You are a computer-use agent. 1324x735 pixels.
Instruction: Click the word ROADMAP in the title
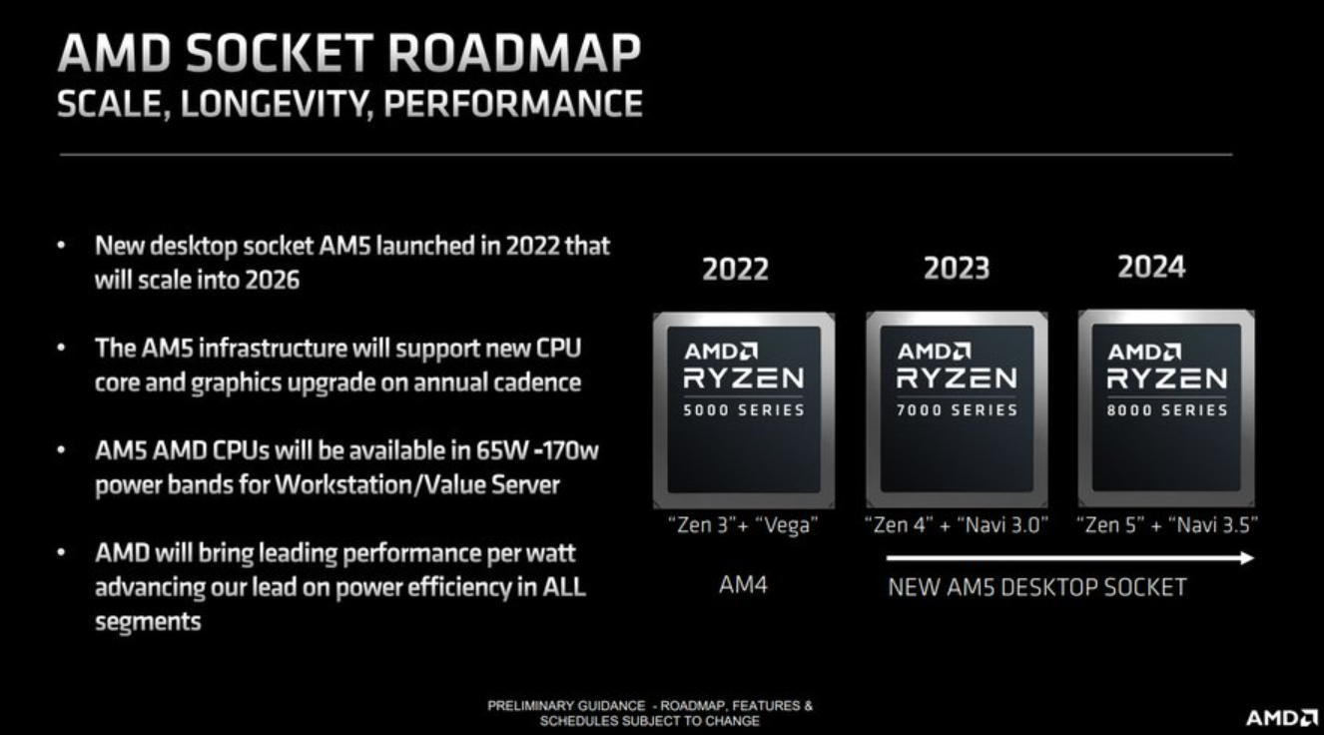pyautogui.click(x=514, y=53)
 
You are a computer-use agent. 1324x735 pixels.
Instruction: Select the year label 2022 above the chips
pyautogui.click(x=735, y=269)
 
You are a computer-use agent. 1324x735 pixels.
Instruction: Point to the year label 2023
pyautogui.click(x=957, y=268)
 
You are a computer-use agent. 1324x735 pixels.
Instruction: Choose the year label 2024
pyautogui.click(x=1151, y=267)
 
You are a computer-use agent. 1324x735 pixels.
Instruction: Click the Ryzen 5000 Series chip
pyautogui.click(x=744, y=409)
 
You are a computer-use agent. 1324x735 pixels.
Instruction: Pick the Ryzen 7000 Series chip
pyautogui.click(x=957, y=409)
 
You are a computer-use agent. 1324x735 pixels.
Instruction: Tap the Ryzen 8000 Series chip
pyautogui.click(x=1166, y=408)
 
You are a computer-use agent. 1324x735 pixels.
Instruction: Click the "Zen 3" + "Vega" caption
pyautogui.click(x=743, y=525)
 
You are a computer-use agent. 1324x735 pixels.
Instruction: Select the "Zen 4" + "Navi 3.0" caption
pyautogui.click(x=956, y=525)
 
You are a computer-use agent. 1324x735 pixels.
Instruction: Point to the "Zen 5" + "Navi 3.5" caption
pyautogui.click(x=1167, y=525)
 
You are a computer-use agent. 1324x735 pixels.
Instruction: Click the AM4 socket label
pyautogui.click(x=743, y=585)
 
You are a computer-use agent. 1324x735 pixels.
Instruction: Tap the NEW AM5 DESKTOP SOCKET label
pyautogui.click(x=1036, y=588)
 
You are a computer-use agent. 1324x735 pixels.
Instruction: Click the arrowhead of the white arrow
pyautogui.click(x=1246, y=557)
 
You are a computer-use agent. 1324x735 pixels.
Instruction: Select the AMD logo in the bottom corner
pyautogui.click(x=1281, y=718)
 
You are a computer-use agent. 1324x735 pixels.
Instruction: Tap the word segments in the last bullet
pyautogui.click(x=148, y=622)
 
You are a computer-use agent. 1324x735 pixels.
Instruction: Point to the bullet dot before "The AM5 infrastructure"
pyautogui.click(x=61, y=348)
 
